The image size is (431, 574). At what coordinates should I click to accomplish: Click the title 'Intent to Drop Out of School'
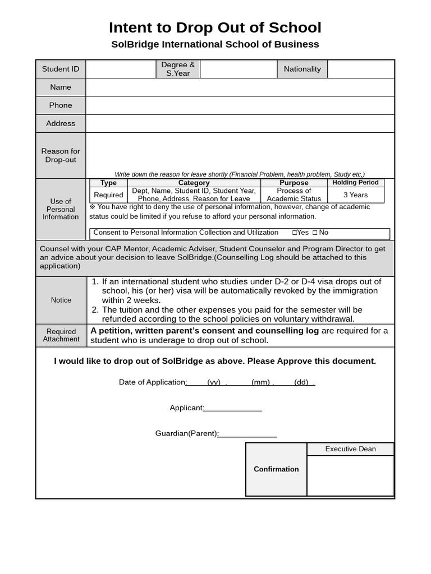[215, 27]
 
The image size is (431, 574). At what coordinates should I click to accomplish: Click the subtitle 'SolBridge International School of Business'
[215, 44]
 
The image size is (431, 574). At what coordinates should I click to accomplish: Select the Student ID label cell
[61, 69]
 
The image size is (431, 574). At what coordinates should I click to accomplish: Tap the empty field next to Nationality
[361, 69]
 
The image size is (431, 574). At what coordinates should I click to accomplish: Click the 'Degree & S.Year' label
[178, 69]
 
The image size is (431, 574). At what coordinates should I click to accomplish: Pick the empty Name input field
[240, 87]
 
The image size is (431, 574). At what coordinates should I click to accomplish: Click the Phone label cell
[61, 105]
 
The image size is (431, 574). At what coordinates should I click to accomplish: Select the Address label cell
[61, 123]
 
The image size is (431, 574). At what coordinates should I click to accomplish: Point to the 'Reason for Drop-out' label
[61, 155]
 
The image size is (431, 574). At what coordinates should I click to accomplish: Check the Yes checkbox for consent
[295, 233]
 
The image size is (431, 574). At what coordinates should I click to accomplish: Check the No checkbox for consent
[315, 233]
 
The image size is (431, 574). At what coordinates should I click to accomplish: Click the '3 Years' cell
[356, 195]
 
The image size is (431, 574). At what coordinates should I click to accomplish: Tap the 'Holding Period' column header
[356, 183]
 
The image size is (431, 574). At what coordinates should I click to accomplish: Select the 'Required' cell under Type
[108, 195]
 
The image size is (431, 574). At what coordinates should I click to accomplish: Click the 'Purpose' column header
[294, 183]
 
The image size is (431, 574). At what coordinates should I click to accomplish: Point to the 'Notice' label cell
[61, 300]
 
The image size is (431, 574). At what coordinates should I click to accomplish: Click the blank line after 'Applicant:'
[233, 408]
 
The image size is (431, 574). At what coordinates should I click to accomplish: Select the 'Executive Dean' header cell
[350, 449]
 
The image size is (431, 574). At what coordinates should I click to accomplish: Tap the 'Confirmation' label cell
[276, 469]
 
